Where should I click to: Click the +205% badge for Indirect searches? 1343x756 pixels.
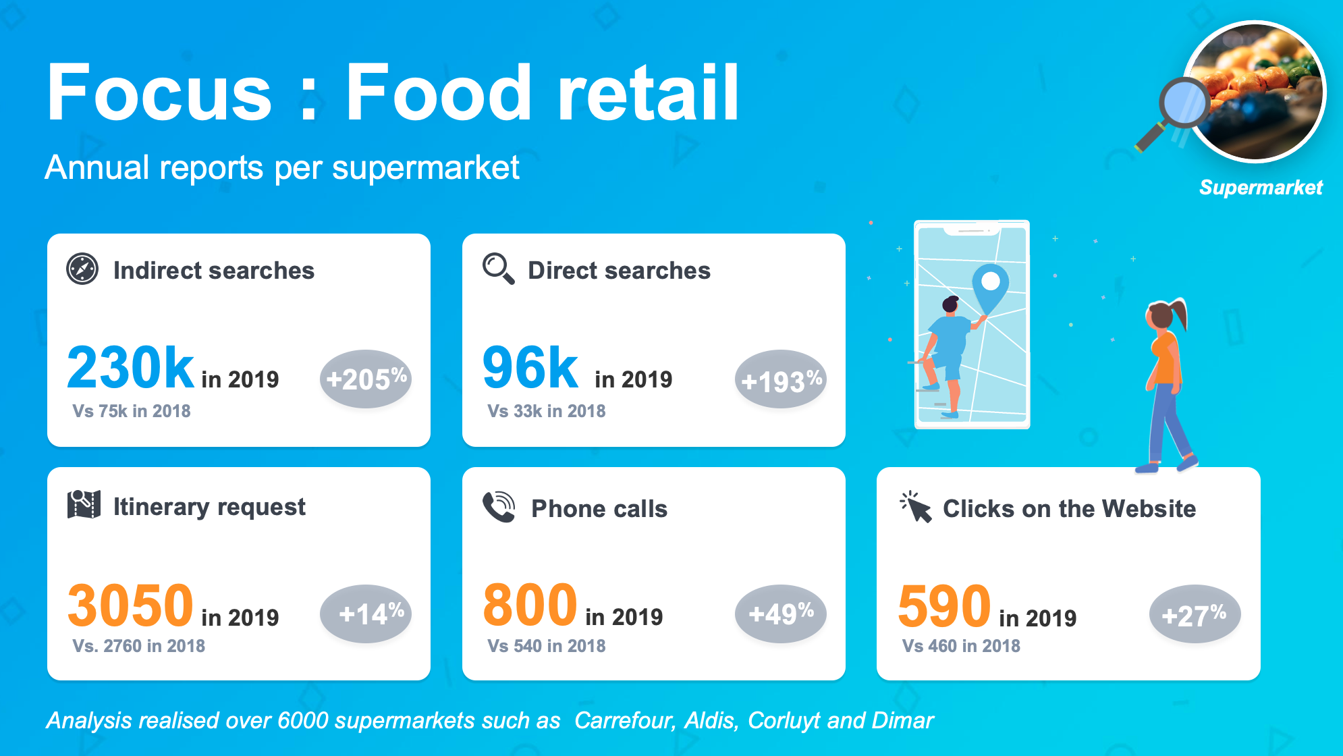click(366, 379)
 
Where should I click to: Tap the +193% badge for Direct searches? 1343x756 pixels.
click(781, 379)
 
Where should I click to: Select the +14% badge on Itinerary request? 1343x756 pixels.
click(366, 614)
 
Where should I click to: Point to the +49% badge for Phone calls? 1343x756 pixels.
click(781, 614)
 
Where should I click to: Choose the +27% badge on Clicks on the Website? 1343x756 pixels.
click(1195, 614)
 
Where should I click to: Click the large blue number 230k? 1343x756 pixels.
click(131, 367)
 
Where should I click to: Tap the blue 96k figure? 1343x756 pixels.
click(530, 367)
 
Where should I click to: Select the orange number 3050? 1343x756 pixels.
click(131, 605)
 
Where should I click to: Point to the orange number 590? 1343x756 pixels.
click(945, 606)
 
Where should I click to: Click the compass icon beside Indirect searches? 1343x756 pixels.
click(82, 269)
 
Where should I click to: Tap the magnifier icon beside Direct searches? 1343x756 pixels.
click(499, 269)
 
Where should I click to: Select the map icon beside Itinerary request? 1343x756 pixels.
click(84, 504)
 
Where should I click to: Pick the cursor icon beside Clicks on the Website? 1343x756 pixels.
click(916, 507)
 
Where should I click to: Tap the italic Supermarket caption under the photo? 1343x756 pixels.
click(1261, 188)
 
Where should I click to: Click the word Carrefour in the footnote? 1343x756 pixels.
click(625, 721)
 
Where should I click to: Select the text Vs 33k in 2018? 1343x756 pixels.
click(547, 411)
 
